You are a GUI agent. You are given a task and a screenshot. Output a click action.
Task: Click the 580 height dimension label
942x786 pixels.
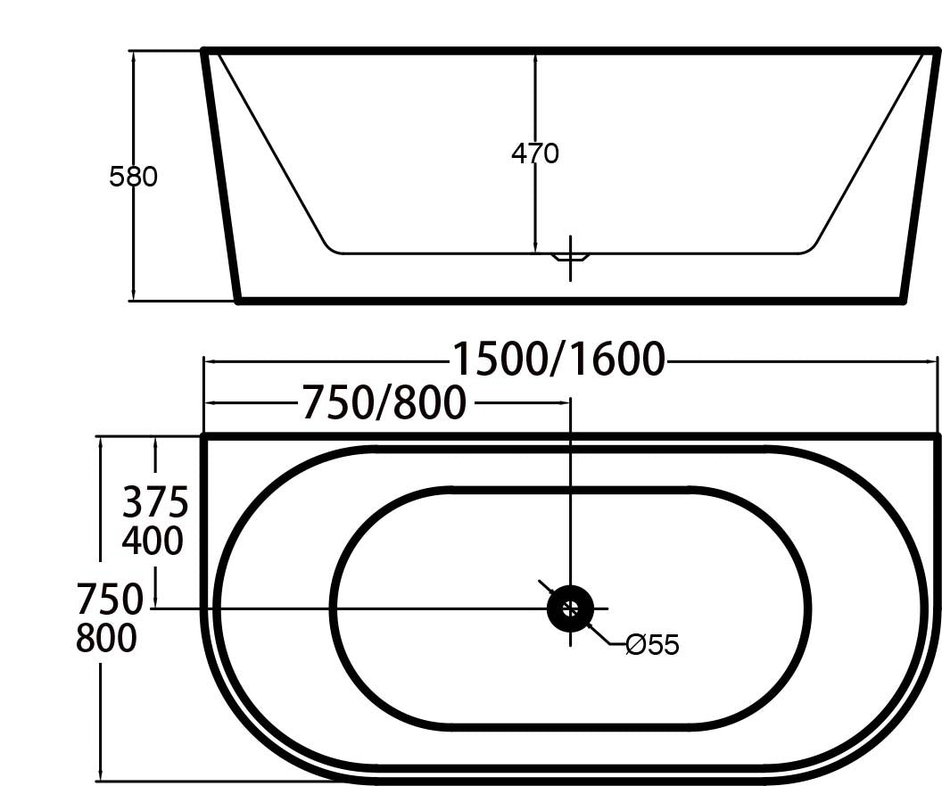(x=133, y=177)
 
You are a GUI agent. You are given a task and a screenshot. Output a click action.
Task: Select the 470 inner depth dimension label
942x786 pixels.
(x=535, y=154)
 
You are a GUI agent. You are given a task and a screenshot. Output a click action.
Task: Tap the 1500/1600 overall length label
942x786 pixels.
(x=559, y=360)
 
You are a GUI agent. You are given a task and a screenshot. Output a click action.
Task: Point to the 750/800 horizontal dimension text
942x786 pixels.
(x=384, y=403)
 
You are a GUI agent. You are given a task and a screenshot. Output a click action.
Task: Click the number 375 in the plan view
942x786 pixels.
(x=155, y=503)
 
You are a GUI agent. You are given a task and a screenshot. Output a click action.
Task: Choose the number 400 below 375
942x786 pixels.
(x=153, y=541)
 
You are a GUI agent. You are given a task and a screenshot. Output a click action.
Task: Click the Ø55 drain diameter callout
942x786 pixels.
(x=652, y=645)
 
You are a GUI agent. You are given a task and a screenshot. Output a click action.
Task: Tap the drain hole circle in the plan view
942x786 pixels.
(x=570, y=609)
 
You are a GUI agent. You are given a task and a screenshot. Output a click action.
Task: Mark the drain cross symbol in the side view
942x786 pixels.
(x=571, y=259)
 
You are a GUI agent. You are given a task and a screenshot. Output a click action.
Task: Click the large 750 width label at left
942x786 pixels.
(x=110, y=600)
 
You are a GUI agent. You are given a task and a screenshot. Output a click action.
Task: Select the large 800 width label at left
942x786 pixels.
(x=106, y=639)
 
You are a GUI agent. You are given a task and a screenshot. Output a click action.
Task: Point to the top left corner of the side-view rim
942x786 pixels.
(x=205, y=52)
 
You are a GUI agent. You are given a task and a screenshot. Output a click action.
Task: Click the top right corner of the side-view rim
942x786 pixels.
(x=937, y=52)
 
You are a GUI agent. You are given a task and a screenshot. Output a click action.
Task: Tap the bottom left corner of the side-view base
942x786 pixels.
(x=238, y=301)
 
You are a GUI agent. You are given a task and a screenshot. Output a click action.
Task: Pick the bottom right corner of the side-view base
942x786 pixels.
(x=904, y=301)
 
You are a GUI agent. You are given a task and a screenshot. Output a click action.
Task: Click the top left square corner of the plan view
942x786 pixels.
(x=204, y=436)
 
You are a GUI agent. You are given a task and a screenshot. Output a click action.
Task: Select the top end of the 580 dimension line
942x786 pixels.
(x=133, y=52)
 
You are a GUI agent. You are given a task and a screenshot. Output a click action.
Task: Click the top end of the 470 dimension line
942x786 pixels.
(x=535, y=54)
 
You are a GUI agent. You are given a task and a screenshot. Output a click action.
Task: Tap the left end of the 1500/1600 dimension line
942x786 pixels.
(x=205, y=360)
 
